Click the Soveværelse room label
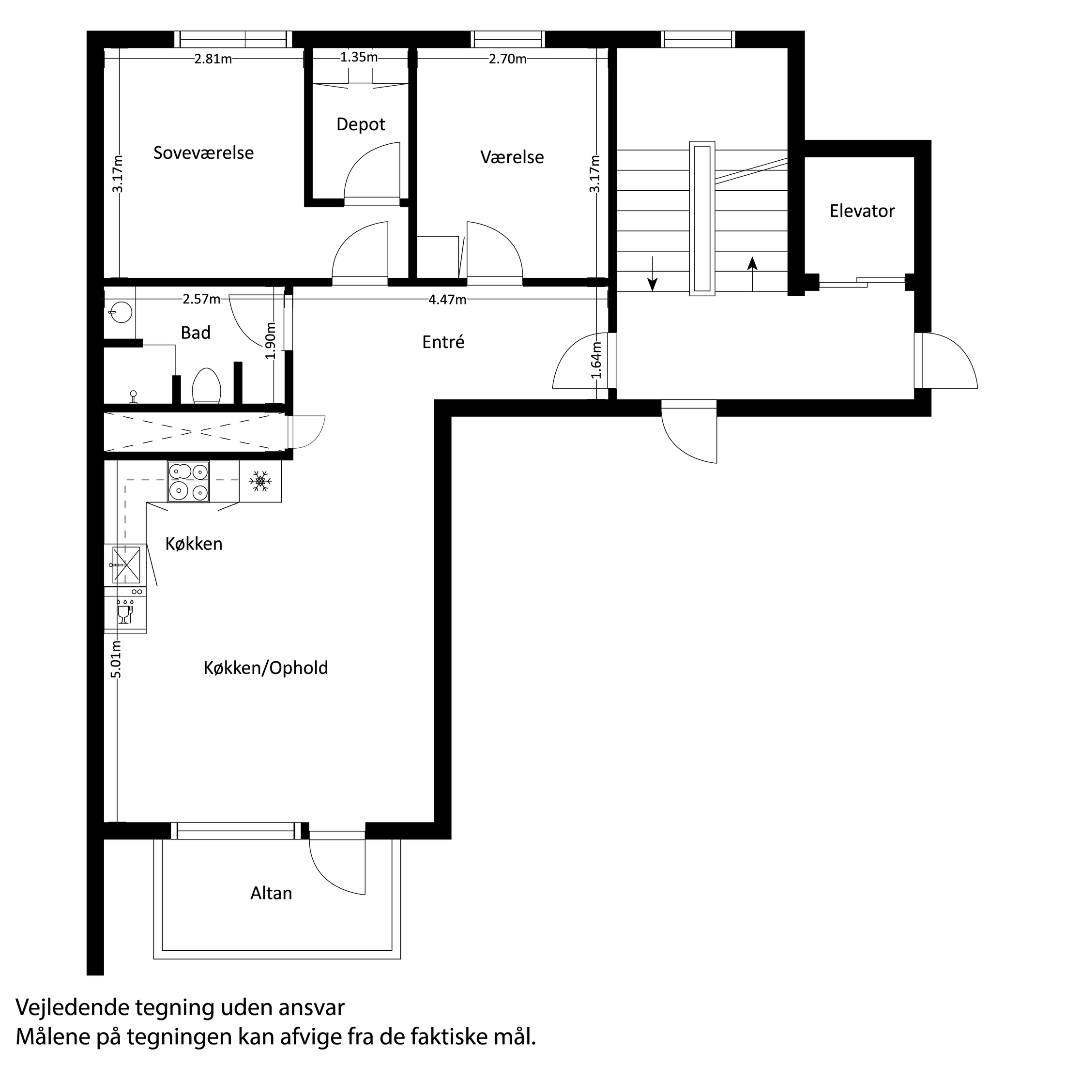coord(203,152)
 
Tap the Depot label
coord(361,124)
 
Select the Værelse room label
coord(512,157)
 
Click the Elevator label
coord(862,211)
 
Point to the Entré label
coord(443,342)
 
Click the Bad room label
coord(196,333)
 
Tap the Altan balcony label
coord(271,893)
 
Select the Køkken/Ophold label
coord(266,668)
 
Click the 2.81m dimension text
coord(213,59)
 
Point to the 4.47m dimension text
coord(447,300)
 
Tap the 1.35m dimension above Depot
coord(359,57)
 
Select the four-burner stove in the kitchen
coord(188,481)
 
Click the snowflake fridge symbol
coord(260,481)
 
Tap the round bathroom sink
coord(120,313)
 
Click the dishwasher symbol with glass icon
coord(125,612)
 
